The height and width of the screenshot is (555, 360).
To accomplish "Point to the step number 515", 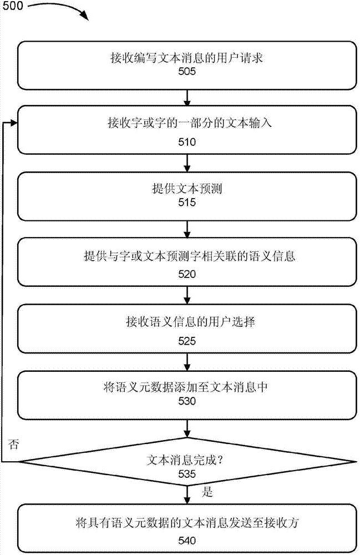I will pos(187,203).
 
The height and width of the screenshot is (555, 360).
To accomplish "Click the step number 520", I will pos(187,274).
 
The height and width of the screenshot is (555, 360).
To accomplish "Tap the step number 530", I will pos(187,402).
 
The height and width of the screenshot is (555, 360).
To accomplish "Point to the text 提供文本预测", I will pos(187,189).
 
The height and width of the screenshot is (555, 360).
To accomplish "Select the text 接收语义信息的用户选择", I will pos(187,322).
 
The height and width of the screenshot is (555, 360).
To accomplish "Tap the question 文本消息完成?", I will pos(187,460).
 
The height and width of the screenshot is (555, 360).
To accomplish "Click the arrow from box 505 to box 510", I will pos(187,98).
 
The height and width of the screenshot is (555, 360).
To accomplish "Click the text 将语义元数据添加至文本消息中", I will pos(187,388).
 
